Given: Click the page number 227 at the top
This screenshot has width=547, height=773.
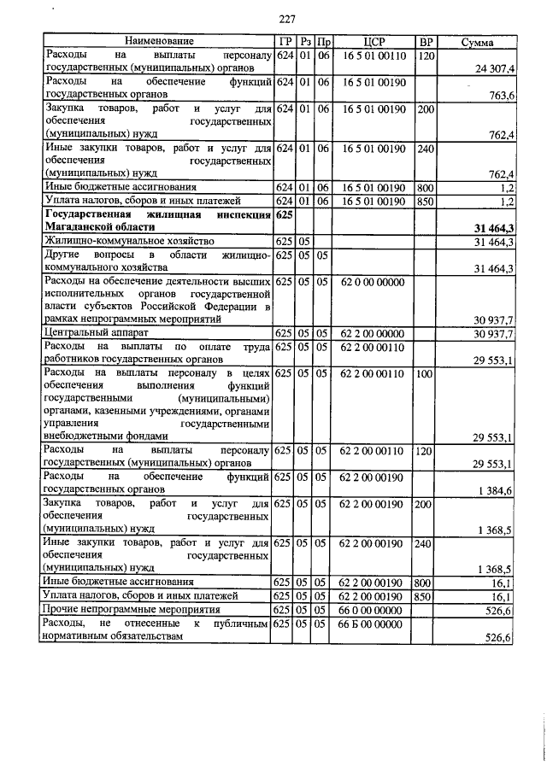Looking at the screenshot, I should [286, 19].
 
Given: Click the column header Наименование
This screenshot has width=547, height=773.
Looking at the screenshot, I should [159, 41].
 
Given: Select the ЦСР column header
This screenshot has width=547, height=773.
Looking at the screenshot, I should [374, 41].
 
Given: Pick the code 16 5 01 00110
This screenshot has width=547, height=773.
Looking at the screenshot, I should [374, 54].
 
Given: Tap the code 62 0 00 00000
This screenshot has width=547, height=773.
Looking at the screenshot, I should [374, 280].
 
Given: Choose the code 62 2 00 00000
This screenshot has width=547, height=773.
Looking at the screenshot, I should [374, 332].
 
